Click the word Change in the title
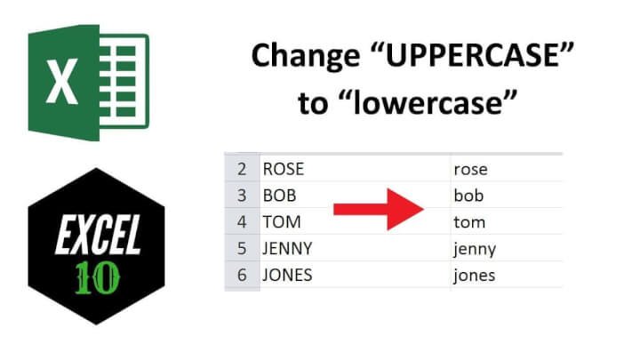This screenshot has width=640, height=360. pyautogui.click(x=305, y=55)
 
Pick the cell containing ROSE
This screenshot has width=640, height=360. pyautogui.click(x=282, y=169)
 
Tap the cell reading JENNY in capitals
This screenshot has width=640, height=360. pyautogui.click(x=287, y=248)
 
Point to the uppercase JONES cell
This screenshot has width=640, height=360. pyautogui.click(x=287, y=275)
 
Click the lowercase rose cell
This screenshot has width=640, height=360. pyautogui.click(x=470, y=169)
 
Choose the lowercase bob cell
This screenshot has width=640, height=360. pyautogui.click(x=468, y=195)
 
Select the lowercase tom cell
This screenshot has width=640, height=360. pyautogui.click(x=468, y=221)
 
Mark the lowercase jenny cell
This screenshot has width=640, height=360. pyautogui.click(x=474, y=248)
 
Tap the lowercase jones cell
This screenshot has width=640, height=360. pyautogui.click(x=474, y=275)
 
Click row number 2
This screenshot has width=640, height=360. pyautogui.click(x=242, y=169)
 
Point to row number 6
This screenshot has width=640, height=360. pyautogui.click(x=242, y=275)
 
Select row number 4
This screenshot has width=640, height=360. pyautogui.click(x=242, y=221)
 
